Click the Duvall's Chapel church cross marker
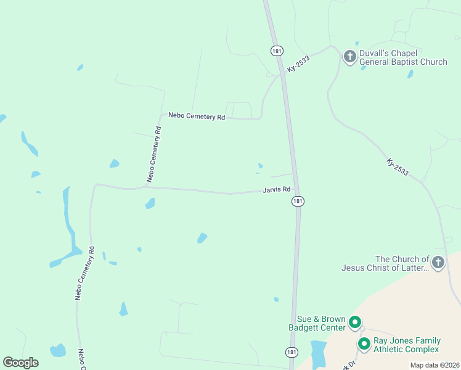click(x=349, y=57)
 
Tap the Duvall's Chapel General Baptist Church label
click(x=403, y=57)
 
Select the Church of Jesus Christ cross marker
click(x=438, y=262)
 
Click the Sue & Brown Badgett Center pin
click(x=355, y=323)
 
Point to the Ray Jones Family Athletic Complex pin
click(x=364, y=343)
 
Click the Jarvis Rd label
click(x=277, y=189)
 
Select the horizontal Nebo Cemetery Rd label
click(x=197, y=116)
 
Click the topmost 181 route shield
click(x=275, y=50)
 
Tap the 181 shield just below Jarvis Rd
click(x=298, y=202)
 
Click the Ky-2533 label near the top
click(x=298, y=64)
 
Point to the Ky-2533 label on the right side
click(x=398, y=167)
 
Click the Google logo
click(x=20, y=362)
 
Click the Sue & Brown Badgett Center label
click(x=317, y=323)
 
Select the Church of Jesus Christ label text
click(x=385, y=263)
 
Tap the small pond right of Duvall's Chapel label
click(x=410, y=75)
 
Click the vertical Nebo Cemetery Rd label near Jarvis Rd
click(x=154, y=155)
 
